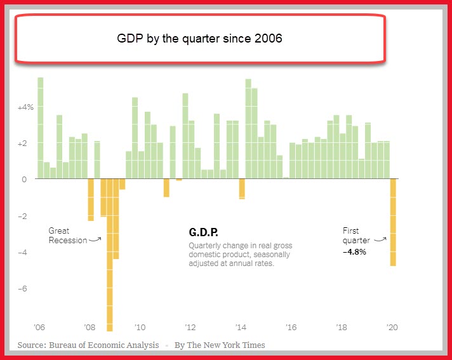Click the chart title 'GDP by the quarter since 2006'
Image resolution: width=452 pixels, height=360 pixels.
tap(199, 38)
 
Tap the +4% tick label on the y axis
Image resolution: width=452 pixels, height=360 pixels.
tap(25, 107)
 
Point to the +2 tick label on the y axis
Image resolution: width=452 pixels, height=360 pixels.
tap(22, 143)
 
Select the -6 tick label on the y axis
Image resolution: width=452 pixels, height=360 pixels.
tap(22, 288)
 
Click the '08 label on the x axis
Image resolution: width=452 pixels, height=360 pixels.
tap(90, 327)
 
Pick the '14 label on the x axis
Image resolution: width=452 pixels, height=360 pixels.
tap(241, 327)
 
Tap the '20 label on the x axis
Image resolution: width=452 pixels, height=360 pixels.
tap(392, 327)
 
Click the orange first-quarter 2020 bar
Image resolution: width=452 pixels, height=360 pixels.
tap(393, 222)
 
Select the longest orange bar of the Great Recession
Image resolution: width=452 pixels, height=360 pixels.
tap(110, 255)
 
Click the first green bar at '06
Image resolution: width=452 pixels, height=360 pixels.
tap(41, 128)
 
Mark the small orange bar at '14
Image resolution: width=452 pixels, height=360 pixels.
tap(242, 189)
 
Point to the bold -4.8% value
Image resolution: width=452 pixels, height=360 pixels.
tap(354, 251)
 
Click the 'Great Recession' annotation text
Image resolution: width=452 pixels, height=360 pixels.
tap(68, 236)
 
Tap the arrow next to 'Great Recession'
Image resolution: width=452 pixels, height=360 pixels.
tap(95, 239)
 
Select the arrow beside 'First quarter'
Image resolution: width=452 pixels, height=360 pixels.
tap(380, 239)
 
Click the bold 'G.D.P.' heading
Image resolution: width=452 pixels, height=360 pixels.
tap(203, 232)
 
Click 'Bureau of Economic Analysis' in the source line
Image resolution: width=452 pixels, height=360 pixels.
tap(103, 345)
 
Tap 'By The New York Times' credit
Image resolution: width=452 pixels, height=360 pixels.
tap(220, 345)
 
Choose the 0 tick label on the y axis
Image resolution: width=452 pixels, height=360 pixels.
tap(24, 179)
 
